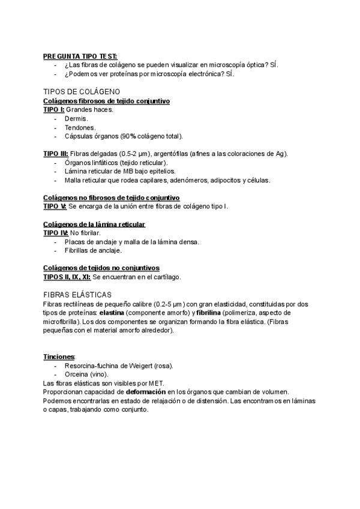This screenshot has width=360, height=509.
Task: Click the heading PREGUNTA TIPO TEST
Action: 80,56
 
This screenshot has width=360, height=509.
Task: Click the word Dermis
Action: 76,119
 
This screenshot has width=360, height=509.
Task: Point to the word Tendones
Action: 79,127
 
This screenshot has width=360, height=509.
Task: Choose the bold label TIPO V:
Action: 55,206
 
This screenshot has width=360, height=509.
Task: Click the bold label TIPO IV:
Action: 56,232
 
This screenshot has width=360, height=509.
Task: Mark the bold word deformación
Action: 150,391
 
